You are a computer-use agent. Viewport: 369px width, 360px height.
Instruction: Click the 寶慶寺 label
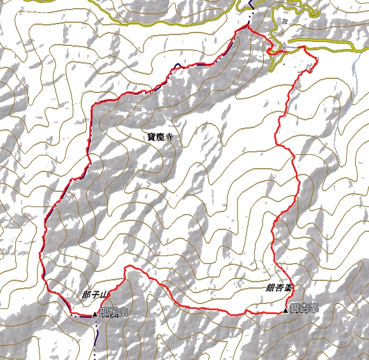(159, 136)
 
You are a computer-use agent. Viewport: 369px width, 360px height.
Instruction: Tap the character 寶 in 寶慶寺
(151, 136)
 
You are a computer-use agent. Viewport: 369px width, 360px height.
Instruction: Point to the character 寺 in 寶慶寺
(168, 136)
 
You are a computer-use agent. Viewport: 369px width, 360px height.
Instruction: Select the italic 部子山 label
(96, 295)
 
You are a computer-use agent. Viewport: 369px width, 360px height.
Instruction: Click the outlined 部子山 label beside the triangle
(115, 312)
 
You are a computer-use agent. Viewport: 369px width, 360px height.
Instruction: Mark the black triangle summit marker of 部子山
(96, 313)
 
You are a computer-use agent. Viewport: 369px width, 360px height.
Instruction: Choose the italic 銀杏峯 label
(279, 288)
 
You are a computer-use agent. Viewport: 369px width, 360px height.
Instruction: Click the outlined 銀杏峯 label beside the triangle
(304, 309)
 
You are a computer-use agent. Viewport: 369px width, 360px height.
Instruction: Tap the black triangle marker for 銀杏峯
(286, 310)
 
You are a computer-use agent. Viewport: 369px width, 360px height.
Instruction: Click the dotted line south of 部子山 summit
(96, 331)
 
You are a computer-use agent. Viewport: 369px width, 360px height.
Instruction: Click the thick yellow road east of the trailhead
(331, 46)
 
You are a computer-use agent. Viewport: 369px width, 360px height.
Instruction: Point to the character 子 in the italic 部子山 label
(96, 295)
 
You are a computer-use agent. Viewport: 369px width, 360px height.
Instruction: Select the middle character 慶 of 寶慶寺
(159, 136)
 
